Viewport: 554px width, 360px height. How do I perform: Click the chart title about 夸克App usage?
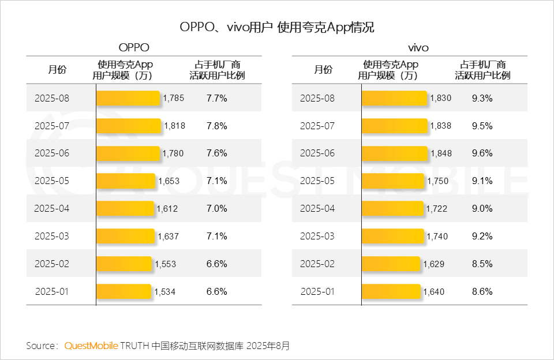277,27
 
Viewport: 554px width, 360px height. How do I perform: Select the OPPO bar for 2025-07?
129,126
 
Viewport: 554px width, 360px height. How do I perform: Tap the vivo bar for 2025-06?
395,153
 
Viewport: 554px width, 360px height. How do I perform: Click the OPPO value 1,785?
174,98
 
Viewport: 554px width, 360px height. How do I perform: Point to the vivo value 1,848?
441,153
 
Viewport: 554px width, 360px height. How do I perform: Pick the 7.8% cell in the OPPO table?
216,126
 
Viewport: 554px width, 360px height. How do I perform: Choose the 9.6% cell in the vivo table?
482,153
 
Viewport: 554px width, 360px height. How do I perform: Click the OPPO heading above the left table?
133,47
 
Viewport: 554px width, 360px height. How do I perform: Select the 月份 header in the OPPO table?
57,70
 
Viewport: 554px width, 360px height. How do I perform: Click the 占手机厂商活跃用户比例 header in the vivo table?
482,70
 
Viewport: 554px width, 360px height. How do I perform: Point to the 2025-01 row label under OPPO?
51,292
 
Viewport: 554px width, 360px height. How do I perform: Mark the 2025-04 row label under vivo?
317,209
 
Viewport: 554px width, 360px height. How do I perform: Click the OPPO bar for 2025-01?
123,292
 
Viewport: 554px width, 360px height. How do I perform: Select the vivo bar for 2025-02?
391,264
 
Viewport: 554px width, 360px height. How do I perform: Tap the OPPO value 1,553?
166,264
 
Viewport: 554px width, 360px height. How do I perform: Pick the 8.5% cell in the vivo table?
482,264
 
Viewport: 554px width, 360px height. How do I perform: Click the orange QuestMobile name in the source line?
91,346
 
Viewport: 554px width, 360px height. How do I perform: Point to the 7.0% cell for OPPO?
216,209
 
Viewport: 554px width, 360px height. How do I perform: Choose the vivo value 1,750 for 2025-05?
437,181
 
